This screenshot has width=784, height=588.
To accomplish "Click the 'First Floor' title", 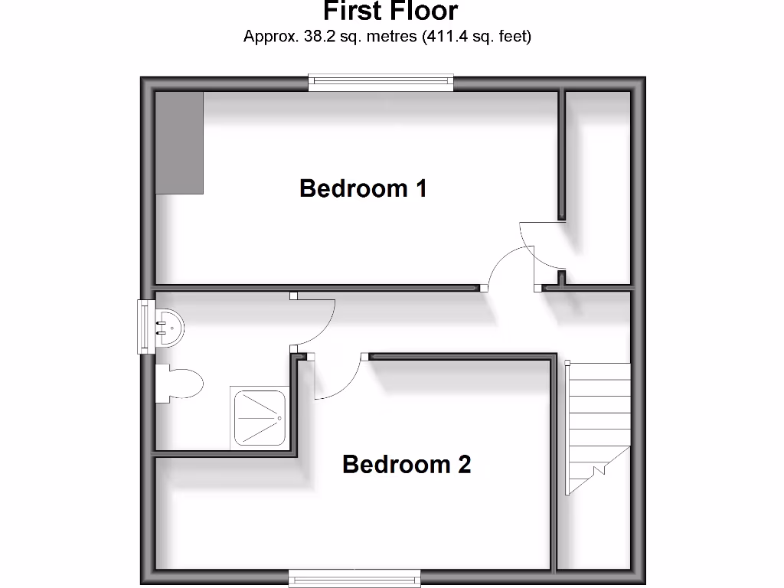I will click(x=390, y=11).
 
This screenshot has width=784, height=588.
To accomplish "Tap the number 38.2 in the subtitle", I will click(x=309, y=36).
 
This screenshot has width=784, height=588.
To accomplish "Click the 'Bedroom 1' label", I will click(x=363, y=188).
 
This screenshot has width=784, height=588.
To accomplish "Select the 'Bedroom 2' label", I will click(x=407, y=464).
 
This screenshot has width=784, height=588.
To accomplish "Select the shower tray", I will click(x=260, y=417).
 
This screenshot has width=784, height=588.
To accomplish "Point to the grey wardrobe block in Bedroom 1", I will click(x=180, y=142).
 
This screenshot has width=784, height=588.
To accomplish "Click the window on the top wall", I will click(x=381, y=83).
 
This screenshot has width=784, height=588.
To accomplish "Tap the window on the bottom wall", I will click(x=354, y=578).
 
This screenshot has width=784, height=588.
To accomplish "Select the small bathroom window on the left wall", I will click(x=143, y=327).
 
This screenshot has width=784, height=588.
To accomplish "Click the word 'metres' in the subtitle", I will click(x=391, y=36).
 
